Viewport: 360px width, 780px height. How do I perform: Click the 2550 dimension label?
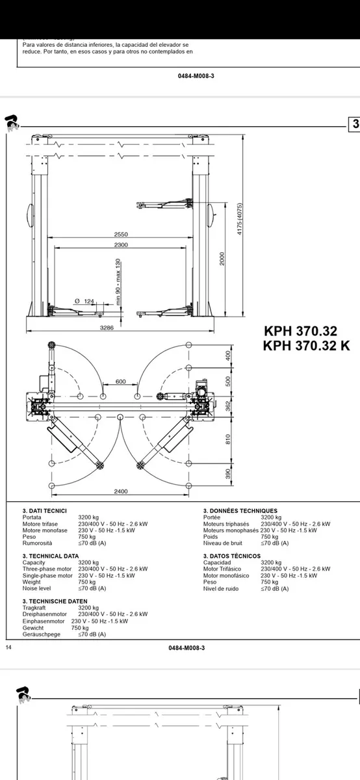[x=121, y=234]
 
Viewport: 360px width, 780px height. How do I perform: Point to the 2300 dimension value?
[x=121, y=245]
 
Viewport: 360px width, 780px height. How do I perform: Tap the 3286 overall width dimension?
[x=107, y=328]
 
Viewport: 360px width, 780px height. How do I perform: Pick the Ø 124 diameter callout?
[x=84, y=300]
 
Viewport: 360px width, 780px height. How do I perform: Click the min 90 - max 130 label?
[x=118, y=281]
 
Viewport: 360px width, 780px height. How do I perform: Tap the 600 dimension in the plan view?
[x=120, y=382]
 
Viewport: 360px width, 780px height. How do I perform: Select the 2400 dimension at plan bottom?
[x=121, y=491]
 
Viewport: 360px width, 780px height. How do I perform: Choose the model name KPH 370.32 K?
[x=306, y=346]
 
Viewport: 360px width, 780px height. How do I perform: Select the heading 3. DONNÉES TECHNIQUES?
[x=240, y=511]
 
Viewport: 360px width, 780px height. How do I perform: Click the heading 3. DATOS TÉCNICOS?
[x=231, y=556]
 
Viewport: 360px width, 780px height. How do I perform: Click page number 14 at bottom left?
[x=8, y=647]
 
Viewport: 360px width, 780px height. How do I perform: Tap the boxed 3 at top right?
[x=355, y=124]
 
